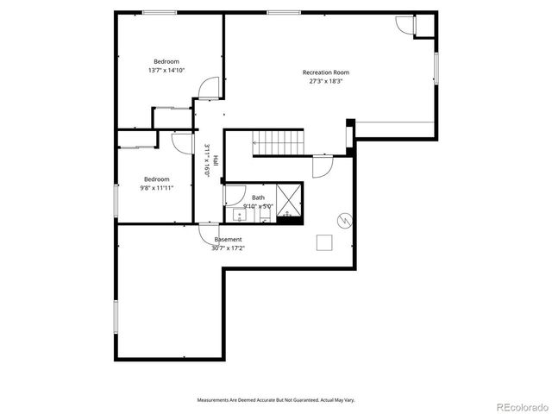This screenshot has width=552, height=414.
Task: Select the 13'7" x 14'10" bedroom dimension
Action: click(166, 71)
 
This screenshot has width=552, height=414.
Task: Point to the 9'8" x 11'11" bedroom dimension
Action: click(156, 187)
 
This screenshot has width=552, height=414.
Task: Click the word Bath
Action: click(258, 198)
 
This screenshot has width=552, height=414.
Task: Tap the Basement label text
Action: click(228, 239)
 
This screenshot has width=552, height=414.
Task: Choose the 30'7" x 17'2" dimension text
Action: click(228, 248)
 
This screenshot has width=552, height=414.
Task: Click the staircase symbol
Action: click(279, 143)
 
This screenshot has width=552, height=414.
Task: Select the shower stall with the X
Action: click(290, 201)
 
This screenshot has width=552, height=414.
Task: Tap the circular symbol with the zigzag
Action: click(344, 221)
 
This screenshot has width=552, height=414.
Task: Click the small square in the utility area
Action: click(325, 242)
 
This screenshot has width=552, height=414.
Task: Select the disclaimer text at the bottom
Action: click(276, 399)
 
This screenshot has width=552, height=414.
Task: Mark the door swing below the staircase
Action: click(322, 166)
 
